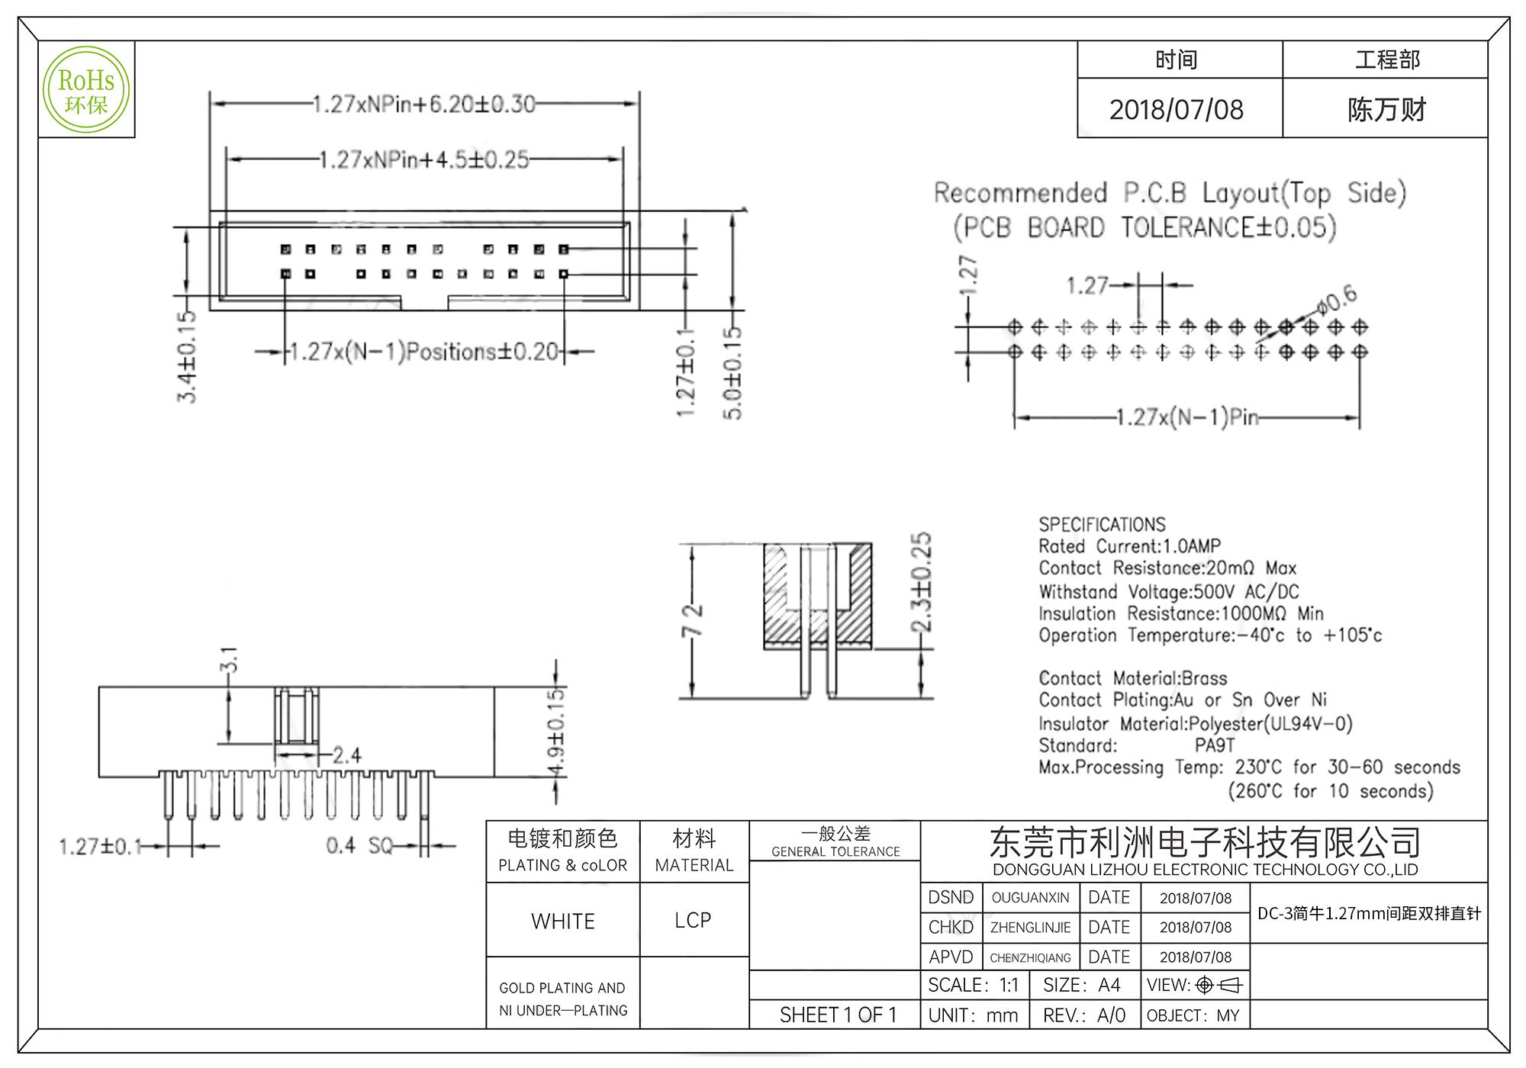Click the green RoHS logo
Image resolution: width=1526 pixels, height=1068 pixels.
click(x=85, y=90)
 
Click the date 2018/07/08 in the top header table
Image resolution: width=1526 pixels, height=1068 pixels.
click(x=1176, y=110)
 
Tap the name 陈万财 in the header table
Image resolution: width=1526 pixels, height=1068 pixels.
click(x=1386, y=110)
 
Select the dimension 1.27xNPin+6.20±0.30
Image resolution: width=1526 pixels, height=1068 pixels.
click(x=424, y=105)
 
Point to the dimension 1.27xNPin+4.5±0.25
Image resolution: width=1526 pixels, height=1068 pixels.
click(x=423, y=160)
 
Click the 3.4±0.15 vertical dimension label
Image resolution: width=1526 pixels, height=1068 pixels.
click(x=188, y=356)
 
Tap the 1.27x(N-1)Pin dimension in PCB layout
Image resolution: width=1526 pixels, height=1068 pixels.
click(x=1186, y=418)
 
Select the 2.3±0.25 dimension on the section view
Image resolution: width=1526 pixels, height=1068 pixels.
click(x=922, y=582)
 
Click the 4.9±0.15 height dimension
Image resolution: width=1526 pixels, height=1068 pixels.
click(x=558, y=731)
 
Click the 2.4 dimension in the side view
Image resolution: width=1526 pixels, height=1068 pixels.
click(x=346, y=755)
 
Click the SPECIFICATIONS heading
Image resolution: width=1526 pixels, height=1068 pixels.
click(x=1102, y=525)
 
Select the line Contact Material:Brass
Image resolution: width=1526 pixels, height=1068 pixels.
click(x=1132, y=678)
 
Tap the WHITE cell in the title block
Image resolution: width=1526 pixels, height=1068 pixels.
click(x=563, y=921)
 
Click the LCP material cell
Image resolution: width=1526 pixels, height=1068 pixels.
click(x=693, y=920)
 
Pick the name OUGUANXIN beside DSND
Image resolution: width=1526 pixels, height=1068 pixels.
click(x=1030, y=898)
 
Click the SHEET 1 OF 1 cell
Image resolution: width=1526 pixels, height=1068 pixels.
click(x=838, y=1015)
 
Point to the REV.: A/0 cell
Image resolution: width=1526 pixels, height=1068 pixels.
click(x=1084, y=1015)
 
